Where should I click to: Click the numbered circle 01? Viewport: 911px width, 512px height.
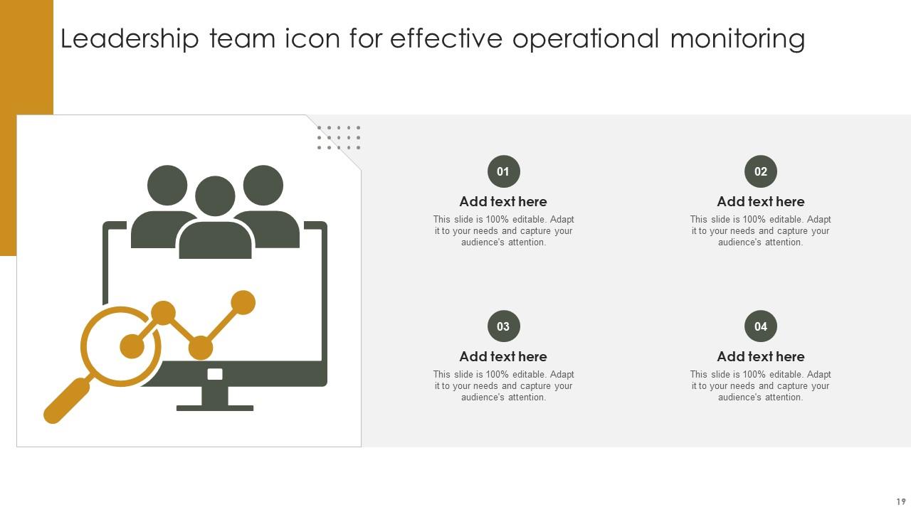coord(503,171)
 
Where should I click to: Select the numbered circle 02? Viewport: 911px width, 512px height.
coord(761,171)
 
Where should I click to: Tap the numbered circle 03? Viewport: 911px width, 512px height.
coord(503,326)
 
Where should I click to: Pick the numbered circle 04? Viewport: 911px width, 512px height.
coord(761,326)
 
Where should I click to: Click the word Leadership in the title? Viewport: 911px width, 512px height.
coord(130,39)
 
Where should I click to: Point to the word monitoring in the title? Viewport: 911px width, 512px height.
coord(737,39)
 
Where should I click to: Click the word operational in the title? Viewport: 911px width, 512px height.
coord(586,39)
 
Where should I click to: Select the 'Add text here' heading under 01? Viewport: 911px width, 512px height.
coord(503,202)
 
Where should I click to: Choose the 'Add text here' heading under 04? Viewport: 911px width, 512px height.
coord(761,357)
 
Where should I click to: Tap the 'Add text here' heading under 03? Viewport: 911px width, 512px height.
coord(503,357)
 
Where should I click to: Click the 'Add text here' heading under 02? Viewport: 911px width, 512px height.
coord(761,202)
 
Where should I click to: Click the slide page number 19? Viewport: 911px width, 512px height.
coord(901,502)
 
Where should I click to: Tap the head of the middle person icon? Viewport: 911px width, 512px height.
coord(215,196)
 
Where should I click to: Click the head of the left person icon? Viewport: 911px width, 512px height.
coord(167,185)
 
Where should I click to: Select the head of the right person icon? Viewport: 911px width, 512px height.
coord(263,185)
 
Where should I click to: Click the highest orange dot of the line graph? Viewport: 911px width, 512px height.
coord(243,302)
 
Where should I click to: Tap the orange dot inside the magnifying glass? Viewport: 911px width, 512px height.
coord(132,346)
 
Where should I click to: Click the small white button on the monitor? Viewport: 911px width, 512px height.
coord(215,374)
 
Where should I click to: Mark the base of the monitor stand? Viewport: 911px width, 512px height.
coord(215,408)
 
